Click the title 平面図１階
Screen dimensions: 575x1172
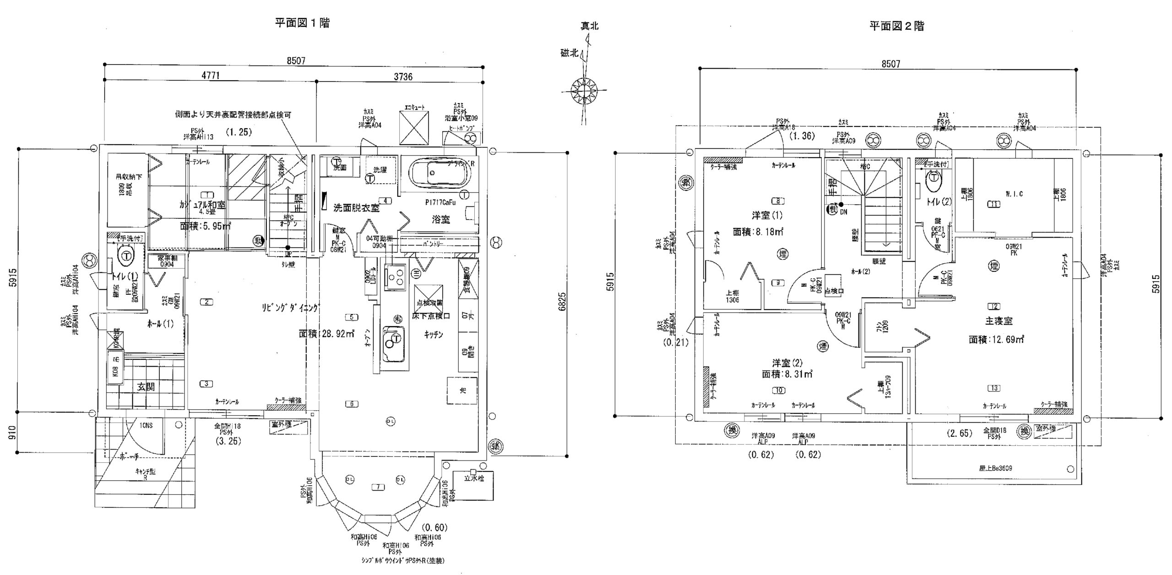point(302,23)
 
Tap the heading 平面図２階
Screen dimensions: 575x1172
point(896,26)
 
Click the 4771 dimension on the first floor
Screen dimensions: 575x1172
point(210,76)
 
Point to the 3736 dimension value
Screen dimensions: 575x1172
point(403,77)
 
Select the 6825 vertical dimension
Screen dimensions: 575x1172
point(562,302)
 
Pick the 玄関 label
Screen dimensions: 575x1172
point(146,387)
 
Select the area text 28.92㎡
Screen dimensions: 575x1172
point(327,334)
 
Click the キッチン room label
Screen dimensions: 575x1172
point(433,335)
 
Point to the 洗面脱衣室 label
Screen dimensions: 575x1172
point(356,208)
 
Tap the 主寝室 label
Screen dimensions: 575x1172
point(998,321)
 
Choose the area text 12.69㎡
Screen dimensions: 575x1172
point(996,339)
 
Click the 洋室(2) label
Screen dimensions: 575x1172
point(787,363)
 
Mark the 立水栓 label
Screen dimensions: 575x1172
point(473,479)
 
